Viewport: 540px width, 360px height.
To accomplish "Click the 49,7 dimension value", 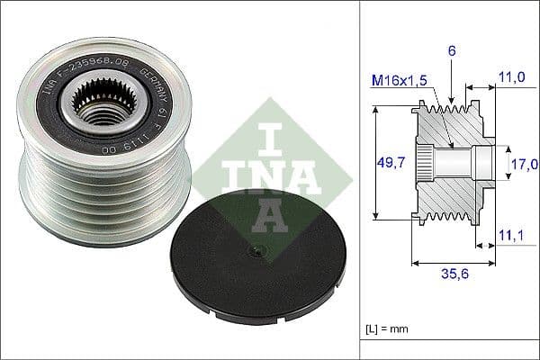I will click(x=387, y=163).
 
